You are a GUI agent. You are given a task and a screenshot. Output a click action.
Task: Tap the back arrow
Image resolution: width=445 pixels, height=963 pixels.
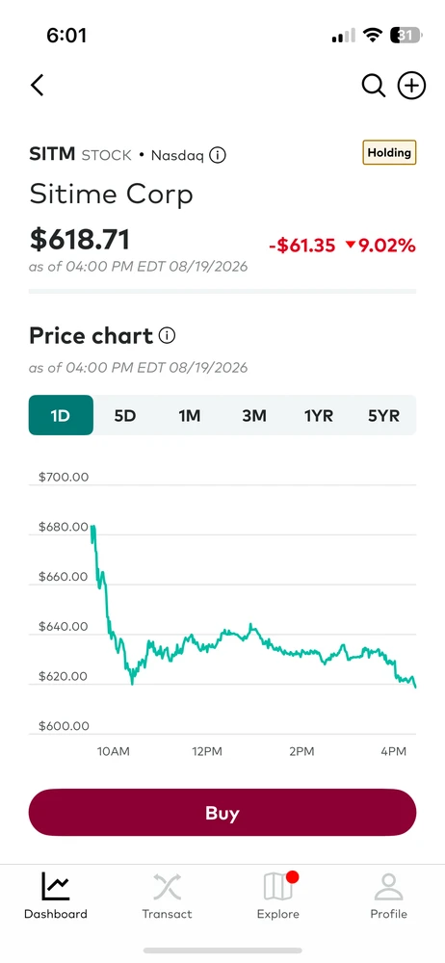[x=38, y=86]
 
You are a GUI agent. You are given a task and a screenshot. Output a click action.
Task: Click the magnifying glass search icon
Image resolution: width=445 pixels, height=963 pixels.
[x=373, y=86]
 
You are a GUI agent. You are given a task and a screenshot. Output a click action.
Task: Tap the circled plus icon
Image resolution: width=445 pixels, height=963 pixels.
[x=412, y=86]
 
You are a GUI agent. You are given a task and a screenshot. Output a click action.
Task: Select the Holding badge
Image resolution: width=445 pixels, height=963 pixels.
[x=389, y=152]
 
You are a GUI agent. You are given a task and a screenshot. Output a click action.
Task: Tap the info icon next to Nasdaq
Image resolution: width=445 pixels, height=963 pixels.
[x=218, y=155]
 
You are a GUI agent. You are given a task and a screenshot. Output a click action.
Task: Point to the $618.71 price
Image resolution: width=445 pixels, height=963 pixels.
[x=79, y=238]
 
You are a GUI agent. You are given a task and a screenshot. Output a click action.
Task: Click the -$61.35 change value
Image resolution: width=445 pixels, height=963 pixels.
[x=302, y=246]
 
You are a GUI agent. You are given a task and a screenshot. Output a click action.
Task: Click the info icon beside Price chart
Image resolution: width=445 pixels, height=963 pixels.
[x=168, y=335]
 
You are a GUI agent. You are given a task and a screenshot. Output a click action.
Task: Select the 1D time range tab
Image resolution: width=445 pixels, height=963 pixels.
[x=61, y=415]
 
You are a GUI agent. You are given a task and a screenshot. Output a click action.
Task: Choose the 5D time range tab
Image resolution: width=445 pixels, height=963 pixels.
[x=125, y=416]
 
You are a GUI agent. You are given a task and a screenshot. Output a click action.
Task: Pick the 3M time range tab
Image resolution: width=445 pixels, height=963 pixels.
[x=254, y=416]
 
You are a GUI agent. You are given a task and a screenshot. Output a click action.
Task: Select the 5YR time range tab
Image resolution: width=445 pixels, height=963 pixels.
[x=383, y=416]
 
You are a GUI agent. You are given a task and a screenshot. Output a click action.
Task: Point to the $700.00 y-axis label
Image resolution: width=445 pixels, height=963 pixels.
[x=64, y=477]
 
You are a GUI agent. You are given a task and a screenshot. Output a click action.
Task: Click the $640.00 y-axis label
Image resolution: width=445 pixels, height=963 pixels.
[x=64, y=627]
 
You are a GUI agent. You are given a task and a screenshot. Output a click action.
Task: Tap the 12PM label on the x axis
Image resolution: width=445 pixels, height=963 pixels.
[x=206, y=751]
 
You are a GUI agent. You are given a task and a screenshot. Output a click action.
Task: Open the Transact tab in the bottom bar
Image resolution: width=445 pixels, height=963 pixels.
[x=168, y=896]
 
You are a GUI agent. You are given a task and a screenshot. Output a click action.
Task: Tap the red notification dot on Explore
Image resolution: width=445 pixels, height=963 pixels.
[x=292, y=877]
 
